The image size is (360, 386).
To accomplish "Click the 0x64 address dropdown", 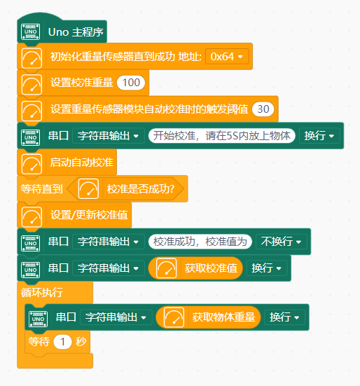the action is click(227, 57).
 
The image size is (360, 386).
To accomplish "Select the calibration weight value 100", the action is click(131, 83).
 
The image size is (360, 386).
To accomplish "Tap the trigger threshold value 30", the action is click(263, 109).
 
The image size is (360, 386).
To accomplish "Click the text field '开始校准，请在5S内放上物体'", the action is click(222, 136).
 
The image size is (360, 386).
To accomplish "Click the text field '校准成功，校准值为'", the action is click(200, 242).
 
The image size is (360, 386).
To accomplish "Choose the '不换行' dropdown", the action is click(282, 242).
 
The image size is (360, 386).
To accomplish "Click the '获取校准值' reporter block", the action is click(195, 268).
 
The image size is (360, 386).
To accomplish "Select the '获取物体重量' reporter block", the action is click(208, 317).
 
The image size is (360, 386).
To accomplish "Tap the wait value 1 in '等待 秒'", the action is click(62, 342).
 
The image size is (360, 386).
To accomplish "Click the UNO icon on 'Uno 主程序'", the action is click(31, 32).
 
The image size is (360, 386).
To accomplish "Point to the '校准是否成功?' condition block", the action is click(125, 189).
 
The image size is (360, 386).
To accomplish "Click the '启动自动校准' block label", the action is click(82, 163).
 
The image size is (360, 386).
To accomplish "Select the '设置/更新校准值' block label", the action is click(89, 215).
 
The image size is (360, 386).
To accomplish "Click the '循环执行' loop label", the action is click(42, 292).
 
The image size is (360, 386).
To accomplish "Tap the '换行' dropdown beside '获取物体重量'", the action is click(284, 317).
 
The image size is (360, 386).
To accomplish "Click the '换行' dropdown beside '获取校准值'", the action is click(266, 268).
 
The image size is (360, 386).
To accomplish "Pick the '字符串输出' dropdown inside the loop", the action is click(116, 317).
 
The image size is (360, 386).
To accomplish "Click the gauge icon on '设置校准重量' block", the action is click(32, 85).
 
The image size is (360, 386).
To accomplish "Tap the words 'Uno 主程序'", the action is click(76, 32).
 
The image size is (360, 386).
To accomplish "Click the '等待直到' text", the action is click(41, 189).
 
